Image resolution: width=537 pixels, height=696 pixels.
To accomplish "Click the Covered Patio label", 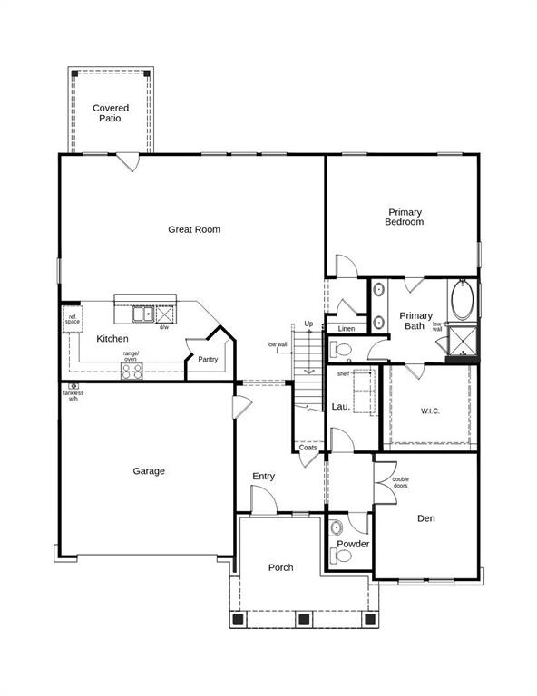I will [111, 113].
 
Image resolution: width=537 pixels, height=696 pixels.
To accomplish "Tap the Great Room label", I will [194, 229].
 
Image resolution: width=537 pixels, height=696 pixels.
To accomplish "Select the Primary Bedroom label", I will [404, 217].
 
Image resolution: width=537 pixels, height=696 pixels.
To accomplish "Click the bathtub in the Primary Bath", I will [462, 301].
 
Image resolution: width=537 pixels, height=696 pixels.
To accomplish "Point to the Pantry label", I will [208, 360].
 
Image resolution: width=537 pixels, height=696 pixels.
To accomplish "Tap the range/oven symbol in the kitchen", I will [126, 367].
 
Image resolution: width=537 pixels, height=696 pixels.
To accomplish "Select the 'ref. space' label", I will [72, 319].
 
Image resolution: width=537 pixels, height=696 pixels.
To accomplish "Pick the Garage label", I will [149, 471].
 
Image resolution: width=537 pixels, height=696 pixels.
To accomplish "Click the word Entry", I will [264, 477].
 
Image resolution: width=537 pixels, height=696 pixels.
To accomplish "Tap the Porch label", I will [281, 567].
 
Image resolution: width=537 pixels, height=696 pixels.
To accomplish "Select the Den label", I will [427, 519].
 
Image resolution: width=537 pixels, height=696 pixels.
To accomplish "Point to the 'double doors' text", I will [401, 482].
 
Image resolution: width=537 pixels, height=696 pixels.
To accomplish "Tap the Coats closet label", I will [308, 447].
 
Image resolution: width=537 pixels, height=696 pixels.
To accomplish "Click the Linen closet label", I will [346, 328].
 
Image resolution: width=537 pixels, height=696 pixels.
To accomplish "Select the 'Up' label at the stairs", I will [309, 324].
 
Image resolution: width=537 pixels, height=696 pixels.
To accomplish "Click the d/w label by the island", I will [164, 327].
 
